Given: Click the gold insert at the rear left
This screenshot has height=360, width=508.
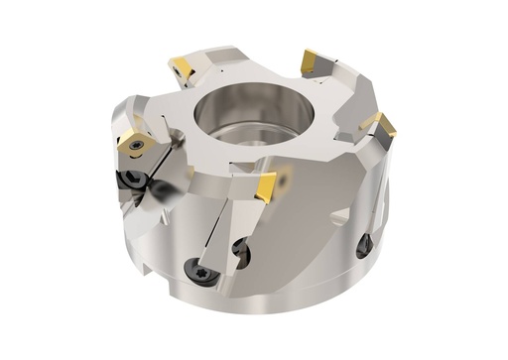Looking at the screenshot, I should pyautogui.click(x=182, y=68).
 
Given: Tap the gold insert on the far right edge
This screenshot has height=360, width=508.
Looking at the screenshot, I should pyautogui.click(x=380, y=124).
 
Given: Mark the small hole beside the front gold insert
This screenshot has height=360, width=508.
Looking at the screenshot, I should pyautogui.click(x=286, y=181).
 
